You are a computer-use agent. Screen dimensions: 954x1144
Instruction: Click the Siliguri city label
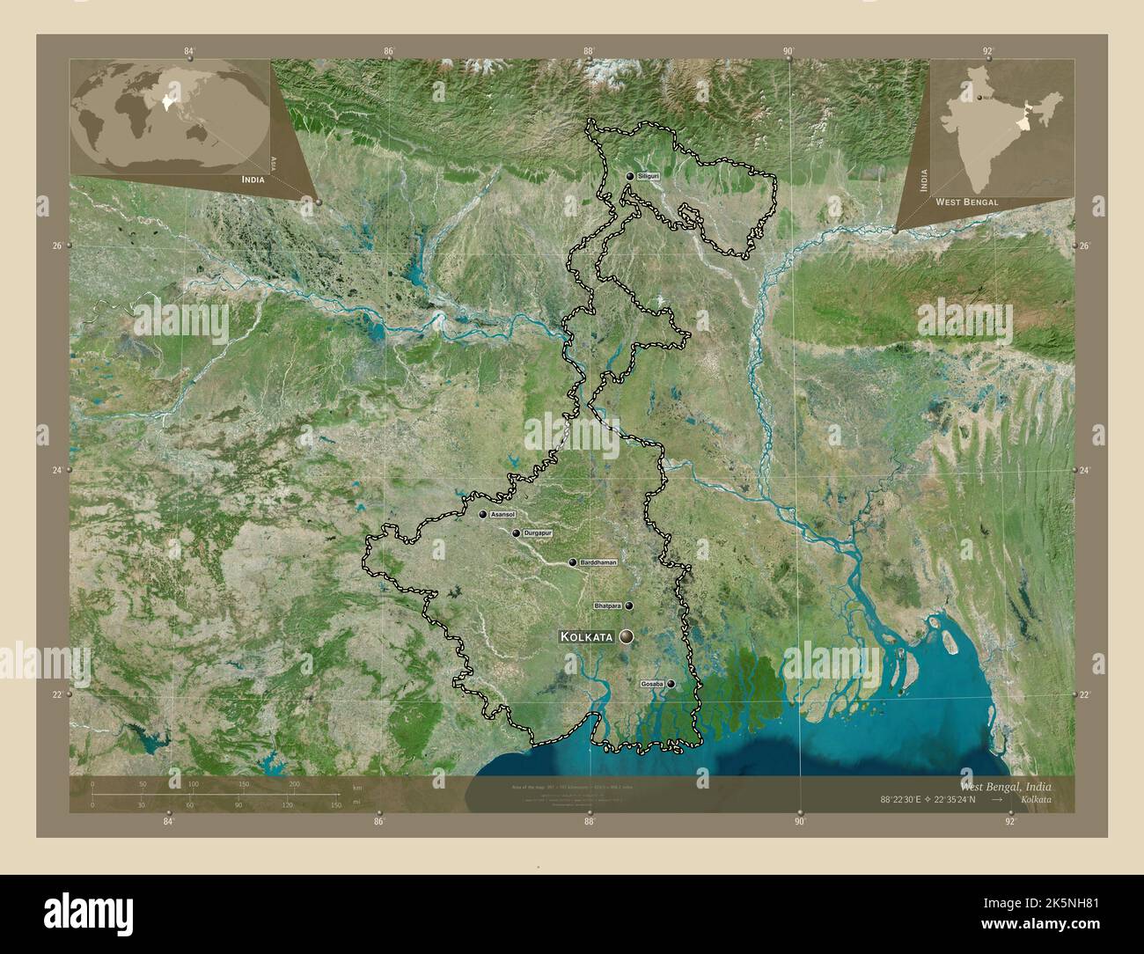[649, 177]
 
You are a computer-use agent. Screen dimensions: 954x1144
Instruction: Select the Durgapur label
[536, 533]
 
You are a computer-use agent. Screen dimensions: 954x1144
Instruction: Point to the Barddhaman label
[598, 561]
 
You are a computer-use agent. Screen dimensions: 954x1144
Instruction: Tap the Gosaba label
[652, 684]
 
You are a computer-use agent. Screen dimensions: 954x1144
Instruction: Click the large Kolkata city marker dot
[627, 636]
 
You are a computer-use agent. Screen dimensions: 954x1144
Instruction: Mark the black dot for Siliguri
[630, 177]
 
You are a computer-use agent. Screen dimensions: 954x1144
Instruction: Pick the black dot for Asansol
[483, 514]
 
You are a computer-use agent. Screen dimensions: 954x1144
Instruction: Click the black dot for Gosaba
[671, 684]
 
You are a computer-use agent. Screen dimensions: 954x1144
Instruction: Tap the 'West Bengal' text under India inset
[966, 202]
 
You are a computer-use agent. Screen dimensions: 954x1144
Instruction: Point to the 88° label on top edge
[589, 51]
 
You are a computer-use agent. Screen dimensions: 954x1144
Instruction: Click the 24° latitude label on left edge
[56, 470]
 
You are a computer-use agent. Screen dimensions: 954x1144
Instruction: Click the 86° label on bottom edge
[378, 822]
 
